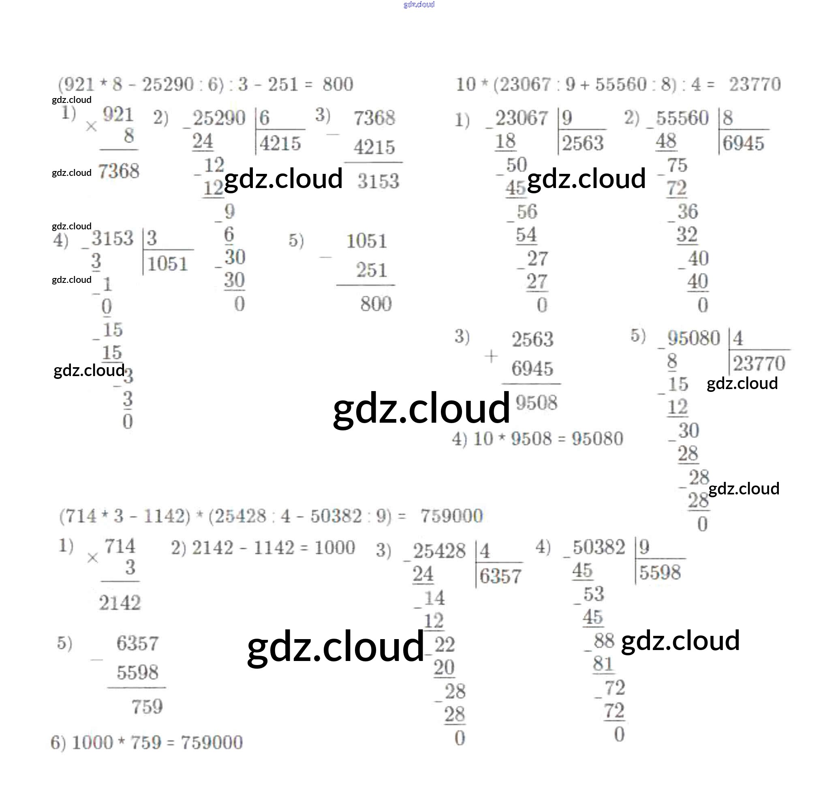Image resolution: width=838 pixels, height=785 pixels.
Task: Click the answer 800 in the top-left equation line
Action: point(338,84)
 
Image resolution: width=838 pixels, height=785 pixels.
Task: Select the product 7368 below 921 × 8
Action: point(118,171)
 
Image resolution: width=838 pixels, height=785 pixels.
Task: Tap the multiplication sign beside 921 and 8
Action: point(91,126)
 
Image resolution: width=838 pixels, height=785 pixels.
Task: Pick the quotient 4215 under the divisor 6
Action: point(280,143)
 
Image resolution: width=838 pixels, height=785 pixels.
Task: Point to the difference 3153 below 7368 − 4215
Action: point(378,181)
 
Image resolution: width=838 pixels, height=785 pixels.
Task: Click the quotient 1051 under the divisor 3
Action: point(167,264)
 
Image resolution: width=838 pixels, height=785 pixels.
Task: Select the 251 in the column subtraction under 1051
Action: point(371,270)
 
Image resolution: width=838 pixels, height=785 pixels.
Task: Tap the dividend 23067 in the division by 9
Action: point(522,118)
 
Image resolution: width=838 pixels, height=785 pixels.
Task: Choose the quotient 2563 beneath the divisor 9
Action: point(583,143)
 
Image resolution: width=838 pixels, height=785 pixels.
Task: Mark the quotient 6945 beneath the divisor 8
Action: point(743,143)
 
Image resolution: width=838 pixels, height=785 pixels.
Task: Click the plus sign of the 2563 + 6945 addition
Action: point(491,357)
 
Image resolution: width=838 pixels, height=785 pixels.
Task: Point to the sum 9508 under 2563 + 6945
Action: point(536,402)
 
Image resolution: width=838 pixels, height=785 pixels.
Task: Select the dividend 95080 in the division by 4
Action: point(693,338)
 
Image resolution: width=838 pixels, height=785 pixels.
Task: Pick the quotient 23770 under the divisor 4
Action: point(759,364)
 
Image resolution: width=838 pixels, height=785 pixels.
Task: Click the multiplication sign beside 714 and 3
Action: point(92,558)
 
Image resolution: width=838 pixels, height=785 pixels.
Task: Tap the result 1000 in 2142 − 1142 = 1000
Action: point(335,548)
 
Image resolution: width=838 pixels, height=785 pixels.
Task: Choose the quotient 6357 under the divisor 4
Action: point(500,576)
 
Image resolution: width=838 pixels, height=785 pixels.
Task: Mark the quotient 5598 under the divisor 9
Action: point(660,573)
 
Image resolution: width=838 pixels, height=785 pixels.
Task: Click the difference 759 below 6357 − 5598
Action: point(147,707)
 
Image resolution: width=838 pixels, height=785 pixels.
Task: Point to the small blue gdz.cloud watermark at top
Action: point(419,4)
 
